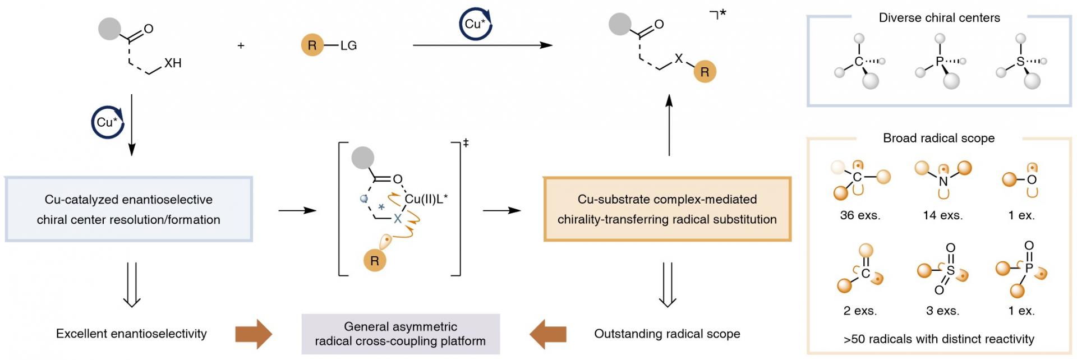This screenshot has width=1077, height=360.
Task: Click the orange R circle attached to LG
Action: pos(312,45)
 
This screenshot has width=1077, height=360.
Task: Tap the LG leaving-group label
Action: pos(348,45)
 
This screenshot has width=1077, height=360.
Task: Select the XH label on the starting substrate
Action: pos(173,63)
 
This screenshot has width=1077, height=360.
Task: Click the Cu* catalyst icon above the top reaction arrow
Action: pos(475,24)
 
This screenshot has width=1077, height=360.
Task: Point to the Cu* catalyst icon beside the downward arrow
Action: pos(107,122)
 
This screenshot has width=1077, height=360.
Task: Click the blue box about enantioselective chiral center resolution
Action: pos(129,209)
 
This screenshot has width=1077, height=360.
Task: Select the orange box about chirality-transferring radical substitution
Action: pos(667,209)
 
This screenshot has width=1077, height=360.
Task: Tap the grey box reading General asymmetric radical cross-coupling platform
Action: pos(401,334)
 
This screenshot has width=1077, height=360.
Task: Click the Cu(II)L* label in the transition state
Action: pos(426,199)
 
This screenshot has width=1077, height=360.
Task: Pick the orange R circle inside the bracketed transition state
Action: pos(374,261)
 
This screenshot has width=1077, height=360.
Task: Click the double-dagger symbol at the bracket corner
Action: pos(466,144)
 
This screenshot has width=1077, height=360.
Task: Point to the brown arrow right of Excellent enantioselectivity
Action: pos(254,334)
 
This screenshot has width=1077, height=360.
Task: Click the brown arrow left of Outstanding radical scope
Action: pos(547,334)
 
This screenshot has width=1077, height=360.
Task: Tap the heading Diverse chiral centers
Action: pos(939,18)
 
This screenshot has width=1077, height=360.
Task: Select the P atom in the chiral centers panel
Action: pos(940,62)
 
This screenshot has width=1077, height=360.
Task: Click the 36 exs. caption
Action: pos(860,215)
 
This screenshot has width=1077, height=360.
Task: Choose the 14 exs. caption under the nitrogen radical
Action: pos(942,215)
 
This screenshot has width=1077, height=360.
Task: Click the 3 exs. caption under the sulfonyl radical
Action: pos(942,311)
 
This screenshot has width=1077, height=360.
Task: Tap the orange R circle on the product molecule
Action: pos(705,72)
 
